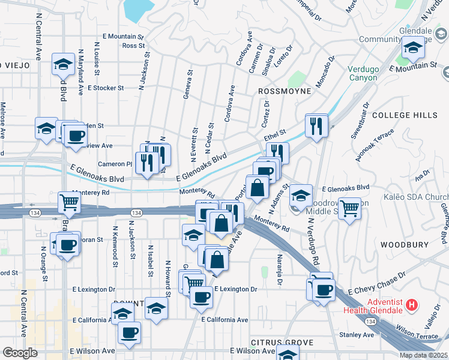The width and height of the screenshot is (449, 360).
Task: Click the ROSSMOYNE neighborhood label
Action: coord(285,91)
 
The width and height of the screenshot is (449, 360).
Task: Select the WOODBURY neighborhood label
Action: coord(403,245)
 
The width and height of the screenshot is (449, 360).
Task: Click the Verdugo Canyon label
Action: coord(363,73)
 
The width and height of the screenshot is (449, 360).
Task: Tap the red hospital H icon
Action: coord(411,305)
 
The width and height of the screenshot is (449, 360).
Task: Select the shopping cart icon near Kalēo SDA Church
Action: coord(349,208)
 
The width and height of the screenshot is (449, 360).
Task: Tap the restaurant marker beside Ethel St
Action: coord(316,125)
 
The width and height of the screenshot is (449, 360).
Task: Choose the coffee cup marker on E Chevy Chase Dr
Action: coord(324,290)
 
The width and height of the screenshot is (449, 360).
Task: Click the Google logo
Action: coord(20,353)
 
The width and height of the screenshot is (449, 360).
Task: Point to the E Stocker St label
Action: coord(106,88)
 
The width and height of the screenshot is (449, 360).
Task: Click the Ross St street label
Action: coord(133,46)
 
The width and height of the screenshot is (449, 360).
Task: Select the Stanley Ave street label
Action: coord(357,335)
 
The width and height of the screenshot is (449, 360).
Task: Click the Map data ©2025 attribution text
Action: coord(423,355)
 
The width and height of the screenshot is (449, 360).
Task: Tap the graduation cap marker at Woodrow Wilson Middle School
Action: coord(301,196)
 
